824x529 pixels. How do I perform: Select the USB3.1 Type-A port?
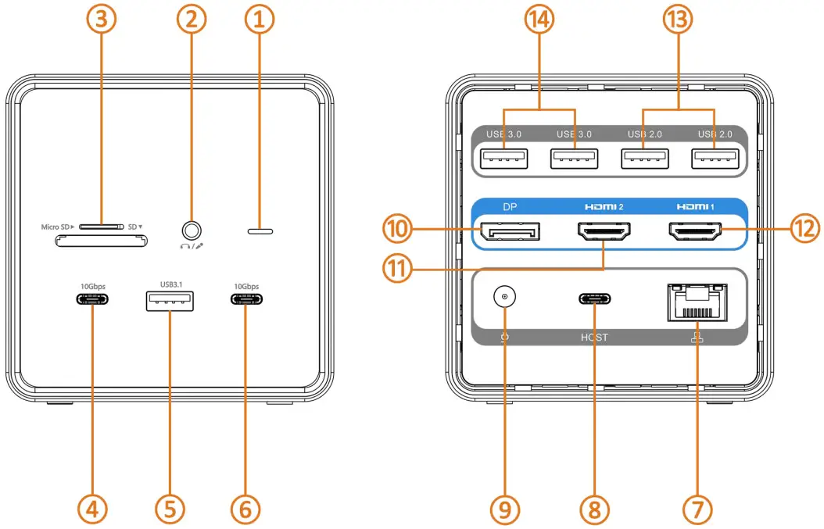169,301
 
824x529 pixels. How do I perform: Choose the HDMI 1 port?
695,231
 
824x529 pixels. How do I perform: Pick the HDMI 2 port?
603,231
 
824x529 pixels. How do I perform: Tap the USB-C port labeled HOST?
594,299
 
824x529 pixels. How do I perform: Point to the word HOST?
594,338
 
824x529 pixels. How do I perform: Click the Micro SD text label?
57,227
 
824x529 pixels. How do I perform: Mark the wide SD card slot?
101,242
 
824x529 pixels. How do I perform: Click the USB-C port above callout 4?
91,300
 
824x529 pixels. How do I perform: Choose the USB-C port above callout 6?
245,300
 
